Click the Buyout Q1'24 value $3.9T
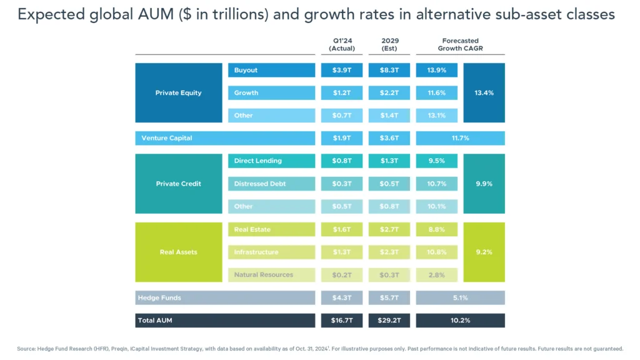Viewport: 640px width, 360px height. click(x=341, y=70)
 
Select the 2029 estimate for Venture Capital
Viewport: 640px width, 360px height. click(x=389, y=138)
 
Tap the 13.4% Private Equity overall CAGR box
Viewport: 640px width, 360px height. click(x=484, y=92)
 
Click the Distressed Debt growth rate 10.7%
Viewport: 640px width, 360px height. click(x=436, y=184)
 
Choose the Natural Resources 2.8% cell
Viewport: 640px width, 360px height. click(x=436, y=275)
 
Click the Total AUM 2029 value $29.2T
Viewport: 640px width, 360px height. click(x=389, y=321)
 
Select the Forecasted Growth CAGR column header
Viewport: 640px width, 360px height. click(x=460, y=44)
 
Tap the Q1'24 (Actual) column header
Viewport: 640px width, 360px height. click(x=341, y=44)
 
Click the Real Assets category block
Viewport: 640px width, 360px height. click(x=178, y=252)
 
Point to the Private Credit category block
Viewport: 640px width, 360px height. click(x=178, y=184)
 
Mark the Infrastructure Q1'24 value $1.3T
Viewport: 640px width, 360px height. click(x=341, y=252)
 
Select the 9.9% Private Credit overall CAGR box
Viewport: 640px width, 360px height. click(x=484, y=184)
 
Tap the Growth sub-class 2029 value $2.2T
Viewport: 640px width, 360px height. click(x=389, y=92)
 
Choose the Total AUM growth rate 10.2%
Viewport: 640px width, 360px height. click(x=460, y=321)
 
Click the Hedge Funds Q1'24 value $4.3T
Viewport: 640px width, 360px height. click(x=341, y=297)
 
